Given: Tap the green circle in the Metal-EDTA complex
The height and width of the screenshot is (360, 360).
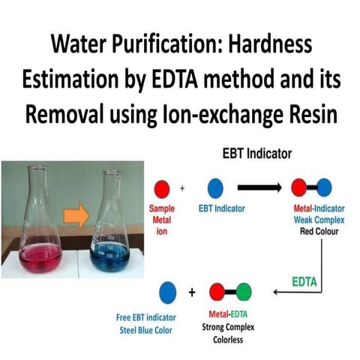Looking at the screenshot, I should tap(244, 291).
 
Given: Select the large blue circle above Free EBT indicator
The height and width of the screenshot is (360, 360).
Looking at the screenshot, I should tap(168, 291).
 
